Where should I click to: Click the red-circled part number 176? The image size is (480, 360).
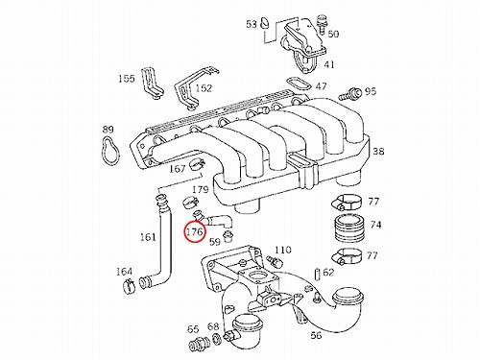click(x=195, y=231)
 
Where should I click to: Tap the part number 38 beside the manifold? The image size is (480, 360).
click(x=378, y=151)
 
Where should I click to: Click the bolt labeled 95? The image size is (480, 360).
click(x=349, y=93)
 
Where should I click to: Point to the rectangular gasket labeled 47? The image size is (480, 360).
click(x=299, y=84)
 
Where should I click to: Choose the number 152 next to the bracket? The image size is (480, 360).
click(x=204, y=87)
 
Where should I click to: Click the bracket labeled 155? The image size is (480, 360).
click(x=152, y=83)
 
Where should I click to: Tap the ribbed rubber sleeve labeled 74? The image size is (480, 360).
click(x=349, y=228)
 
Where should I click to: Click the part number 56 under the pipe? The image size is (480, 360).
click(x=316, y=335)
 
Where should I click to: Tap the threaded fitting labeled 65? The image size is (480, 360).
click(x=199, y=344)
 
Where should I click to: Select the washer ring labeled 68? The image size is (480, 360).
click(x=217, y=339)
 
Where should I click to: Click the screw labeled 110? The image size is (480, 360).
click(x=275, y=260)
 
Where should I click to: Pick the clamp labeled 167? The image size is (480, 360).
click(x=197, y=164)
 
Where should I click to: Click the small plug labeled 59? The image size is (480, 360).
click(x=228, y=235)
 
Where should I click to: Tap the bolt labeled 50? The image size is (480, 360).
click(x=322, y=24)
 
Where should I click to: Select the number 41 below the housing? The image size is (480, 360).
click(x=329, y=64)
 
